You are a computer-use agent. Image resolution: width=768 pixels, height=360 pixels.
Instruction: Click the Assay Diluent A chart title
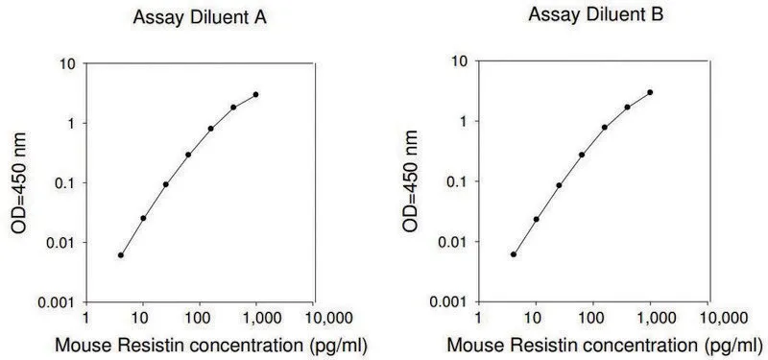click(x=200, y=17)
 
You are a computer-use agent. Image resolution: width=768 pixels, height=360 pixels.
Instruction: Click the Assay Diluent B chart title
click(x=595, y=14)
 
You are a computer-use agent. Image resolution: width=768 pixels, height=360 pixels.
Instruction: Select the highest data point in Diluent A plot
click(x=255, y=94)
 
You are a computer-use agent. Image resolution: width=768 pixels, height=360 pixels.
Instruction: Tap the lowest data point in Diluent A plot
click(x=121, y=255)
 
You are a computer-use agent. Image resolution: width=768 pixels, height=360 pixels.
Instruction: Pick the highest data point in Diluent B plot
click(x=650, y=92)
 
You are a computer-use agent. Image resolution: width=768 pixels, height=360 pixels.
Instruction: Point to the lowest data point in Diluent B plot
click(x=514, y=254)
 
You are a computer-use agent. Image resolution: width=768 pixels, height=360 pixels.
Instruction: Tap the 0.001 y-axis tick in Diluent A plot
click(x=59, y=302)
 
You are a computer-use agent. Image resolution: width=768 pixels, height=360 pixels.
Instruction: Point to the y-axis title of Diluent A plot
click(x=18, y=182)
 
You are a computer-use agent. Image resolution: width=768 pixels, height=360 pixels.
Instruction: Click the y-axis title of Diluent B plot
click(x=410, y=180)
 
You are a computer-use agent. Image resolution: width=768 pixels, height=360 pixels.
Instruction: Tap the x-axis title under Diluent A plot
click(x=210, y=346)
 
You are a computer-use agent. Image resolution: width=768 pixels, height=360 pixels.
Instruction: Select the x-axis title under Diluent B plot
click(x=604, y=346)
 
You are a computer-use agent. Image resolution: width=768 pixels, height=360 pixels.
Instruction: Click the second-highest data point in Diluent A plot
click(x=233, y=108)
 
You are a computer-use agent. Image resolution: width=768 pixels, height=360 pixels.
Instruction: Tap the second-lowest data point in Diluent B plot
click(x=537, y=219)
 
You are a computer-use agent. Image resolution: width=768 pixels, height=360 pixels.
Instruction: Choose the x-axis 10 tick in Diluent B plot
click(x=535, y=319)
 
